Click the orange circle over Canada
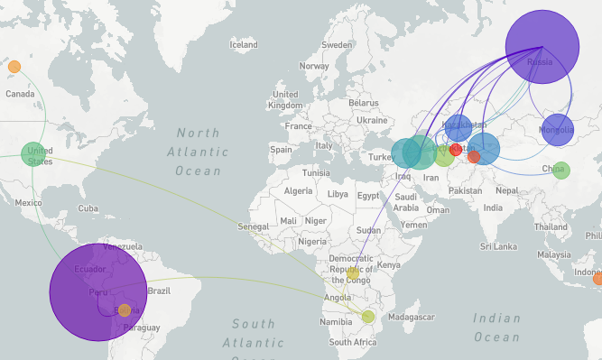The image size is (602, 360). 14,67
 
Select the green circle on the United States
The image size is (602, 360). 33,154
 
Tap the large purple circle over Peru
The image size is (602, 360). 97,291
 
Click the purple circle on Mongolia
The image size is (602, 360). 557,130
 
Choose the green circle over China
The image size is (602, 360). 560,170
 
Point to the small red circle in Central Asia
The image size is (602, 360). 456,150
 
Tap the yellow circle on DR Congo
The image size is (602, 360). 353,272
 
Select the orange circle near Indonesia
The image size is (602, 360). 597,279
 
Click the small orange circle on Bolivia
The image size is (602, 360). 124,310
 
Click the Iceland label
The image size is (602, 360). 244,44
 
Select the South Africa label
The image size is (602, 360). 353,342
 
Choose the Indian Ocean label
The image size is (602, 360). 495,327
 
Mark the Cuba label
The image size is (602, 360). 88,208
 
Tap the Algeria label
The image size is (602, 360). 298,191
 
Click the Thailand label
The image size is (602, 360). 551,226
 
